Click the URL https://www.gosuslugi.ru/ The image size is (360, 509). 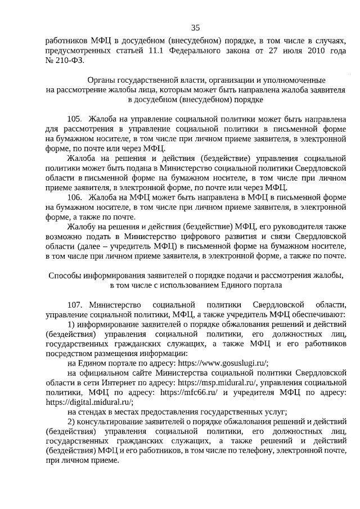click(223, 363)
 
